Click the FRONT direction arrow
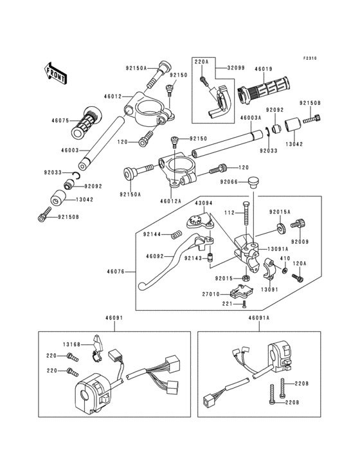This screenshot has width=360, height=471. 54,73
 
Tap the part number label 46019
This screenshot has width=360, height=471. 264,69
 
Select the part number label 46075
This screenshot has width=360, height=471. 60,120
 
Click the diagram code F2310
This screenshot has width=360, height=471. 310,59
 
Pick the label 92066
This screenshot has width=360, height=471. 229,181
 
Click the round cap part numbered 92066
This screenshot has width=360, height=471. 254,183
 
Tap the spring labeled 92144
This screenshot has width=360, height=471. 175,235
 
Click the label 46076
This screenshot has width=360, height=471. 116,272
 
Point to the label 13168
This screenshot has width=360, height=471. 72,344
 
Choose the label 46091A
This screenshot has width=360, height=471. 259,317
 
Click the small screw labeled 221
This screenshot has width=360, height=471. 244,304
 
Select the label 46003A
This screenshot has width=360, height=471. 251,119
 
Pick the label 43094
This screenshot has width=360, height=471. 203,203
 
